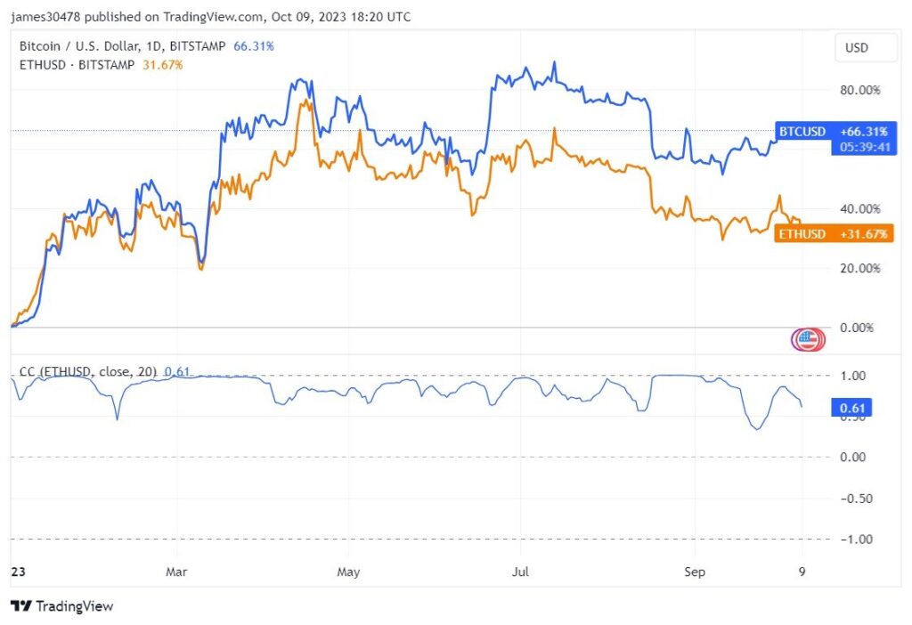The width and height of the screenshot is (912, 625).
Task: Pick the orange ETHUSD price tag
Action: click(x=833, y=234)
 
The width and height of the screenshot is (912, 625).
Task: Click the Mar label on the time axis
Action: click(x=176, y=572)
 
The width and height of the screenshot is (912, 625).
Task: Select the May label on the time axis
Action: click(x=348, y=572)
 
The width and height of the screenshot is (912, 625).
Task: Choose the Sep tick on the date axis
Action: click(x=694, y=572)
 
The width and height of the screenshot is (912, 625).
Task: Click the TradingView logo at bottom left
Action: click(x=62, y=606)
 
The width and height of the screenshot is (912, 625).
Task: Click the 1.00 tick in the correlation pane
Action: click(x=853, y=376)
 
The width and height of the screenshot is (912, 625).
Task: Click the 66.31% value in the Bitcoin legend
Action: click(x=254, y=45)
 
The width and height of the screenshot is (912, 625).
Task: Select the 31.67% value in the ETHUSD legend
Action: click(x=162, y=64)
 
